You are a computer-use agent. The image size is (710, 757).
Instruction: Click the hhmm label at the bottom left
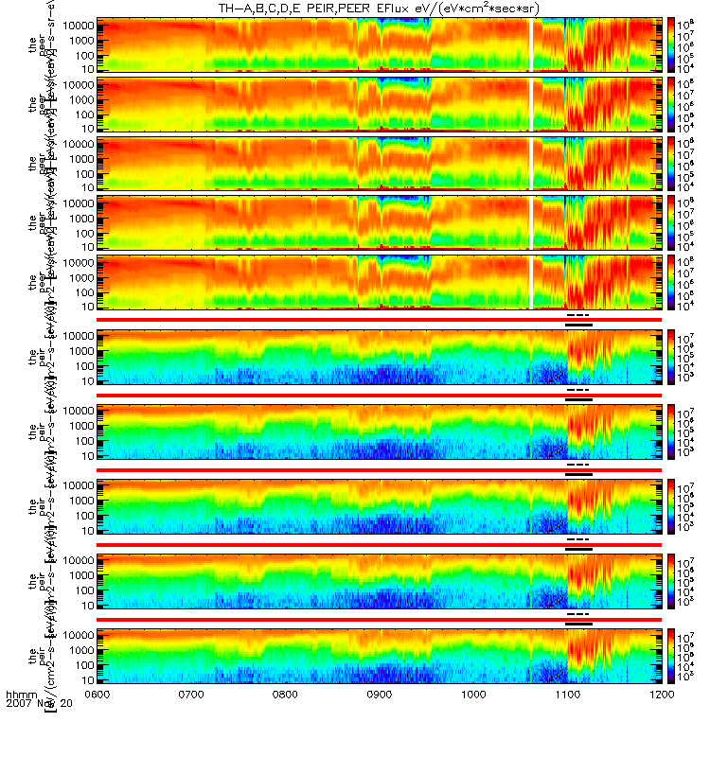pyautogui.click(x=20, y=695)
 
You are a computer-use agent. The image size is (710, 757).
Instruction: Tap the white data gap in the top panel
pyautogui.click(x=532, y=44)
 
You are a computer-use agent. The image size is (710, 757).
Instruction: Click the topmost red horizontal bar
pyautogui.click(x=379, y=320)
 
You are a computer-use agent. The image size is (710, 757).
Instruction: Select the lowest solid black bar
pyautogui.click(x=578, y=624)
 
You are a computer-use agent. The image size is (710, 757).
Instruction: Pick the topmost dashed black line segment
pyautogui.click(x=577, y=314)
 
